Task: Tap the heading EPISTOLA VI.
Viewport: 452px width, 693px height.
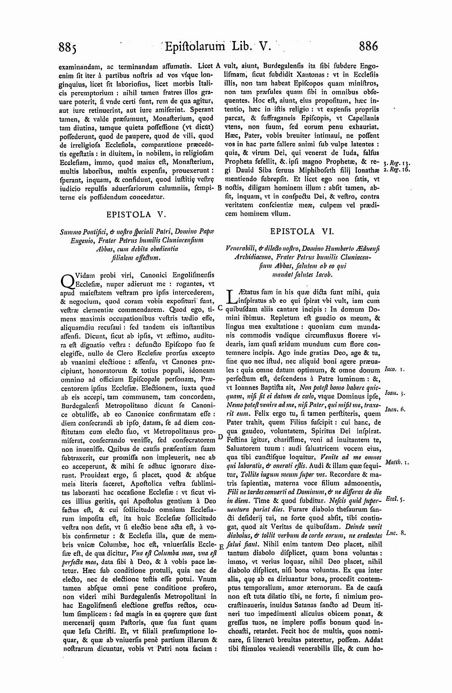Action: point(298,231)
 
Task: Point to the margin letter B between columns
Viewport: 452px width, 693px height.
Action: point(220,188)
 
